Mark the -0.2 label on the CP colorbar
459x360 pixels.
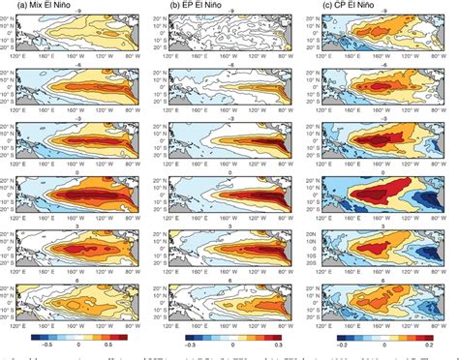tap(344, 343)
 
